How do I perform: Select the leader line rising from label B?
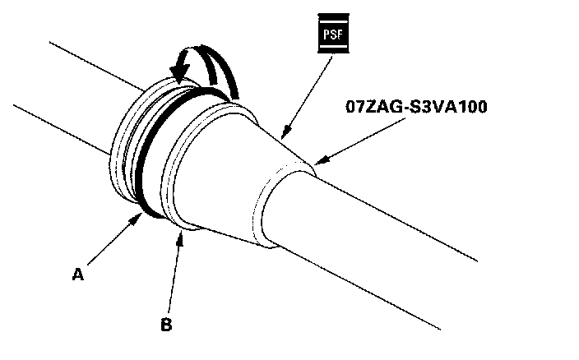pos(173,275)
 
